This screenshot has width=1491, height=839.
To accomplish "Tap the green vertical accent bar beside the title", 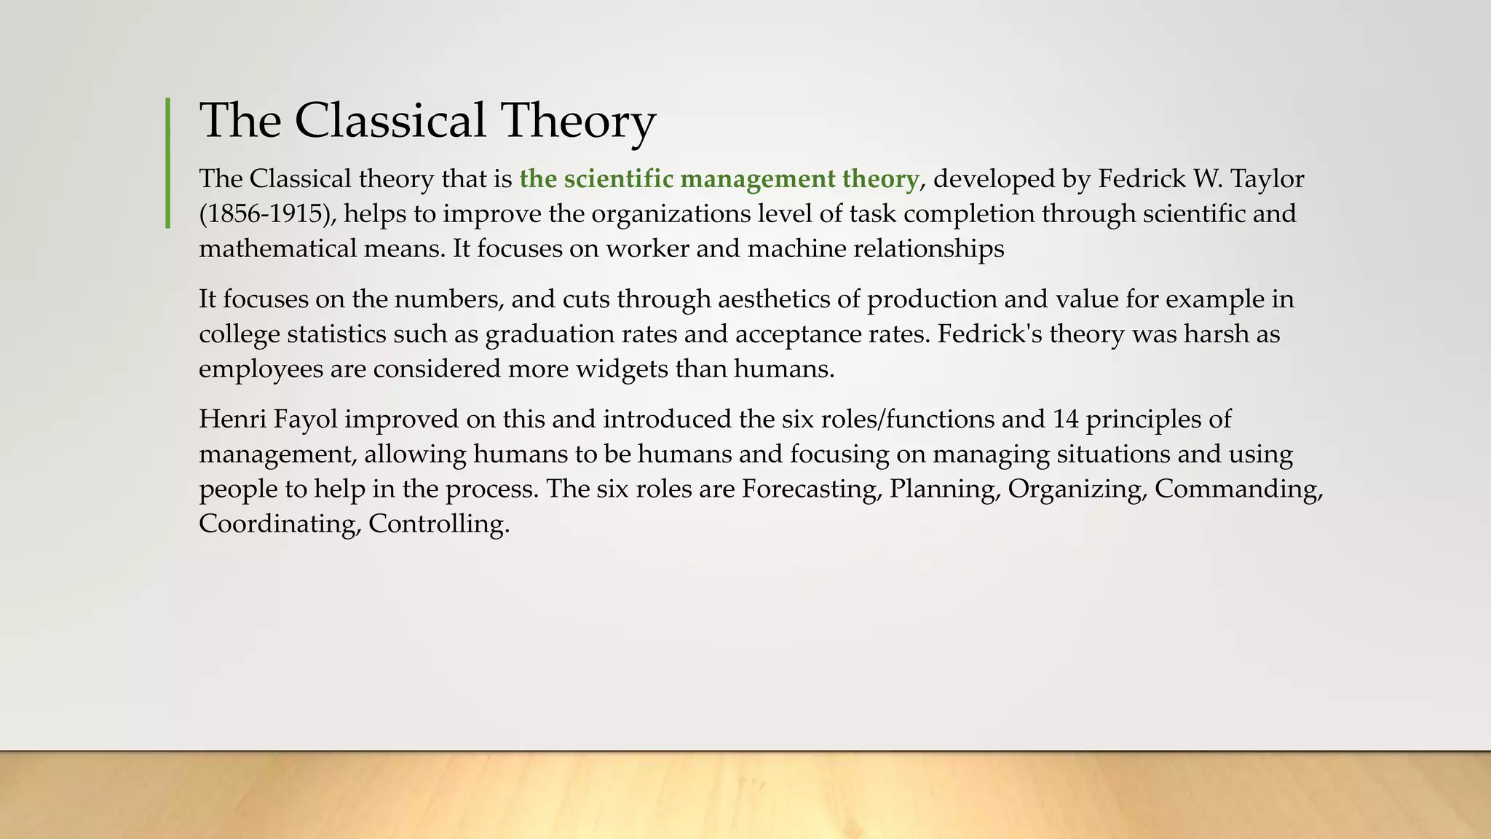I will click(168, 162).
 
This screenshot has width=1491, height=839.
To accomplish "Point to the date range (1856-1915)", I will click(268, 214).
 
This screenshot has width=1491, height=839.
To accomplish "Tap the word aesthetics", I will click(787, 299).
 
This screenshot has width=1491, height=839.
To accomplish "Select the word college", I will click(239, 334).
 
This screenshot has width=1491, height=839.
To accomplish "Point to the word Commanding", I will click(1238, 489).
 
